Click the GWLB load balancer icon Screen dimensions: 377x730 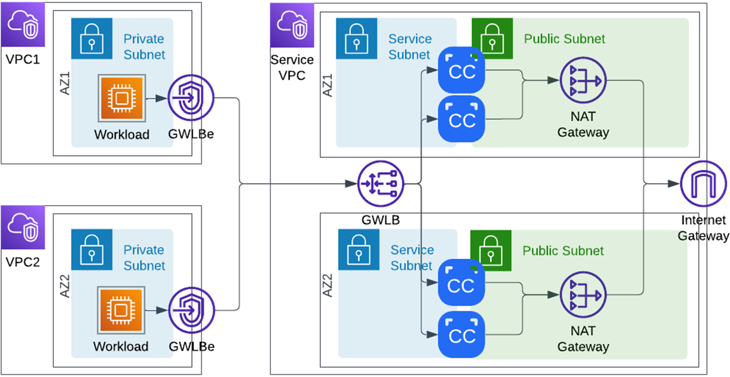click(381, 184)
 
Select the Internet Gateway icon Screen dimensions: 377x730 click(703, 184)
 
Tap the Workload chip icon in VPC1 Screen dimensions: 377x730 click(121, 98)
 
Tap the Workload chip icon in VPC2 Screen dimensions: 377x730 click(121, 309)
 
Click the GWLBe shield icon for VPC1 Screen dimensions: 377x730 click(191, 99)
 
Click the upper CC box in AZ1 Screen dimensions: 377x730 click(462, 70)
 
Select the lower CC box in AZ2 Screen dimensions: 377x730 click(462, 335)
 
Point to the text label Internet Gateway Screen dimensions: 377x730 click(703, 228)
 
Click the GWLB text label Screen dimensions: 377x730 click(381, 219)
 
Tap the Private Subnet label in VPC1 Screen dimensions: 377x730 click(144, 47)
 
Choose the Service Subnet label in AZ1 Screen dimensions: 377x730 click(409, 47)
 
